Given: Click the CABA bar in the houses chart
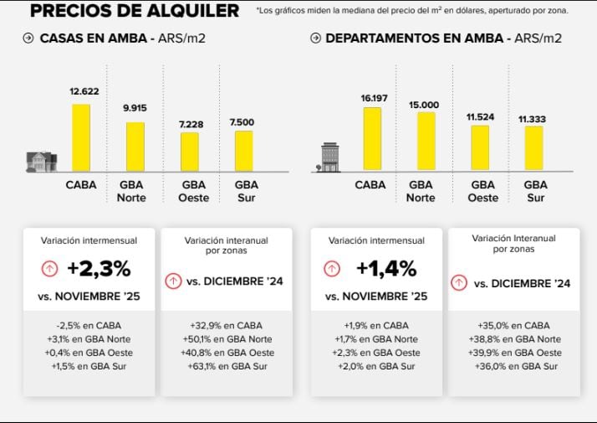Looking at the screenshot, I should pyautogui.click(x=81, y=138).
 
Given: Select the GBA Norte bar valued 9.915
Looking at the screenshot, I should pyautogui.click(x=135, y=147).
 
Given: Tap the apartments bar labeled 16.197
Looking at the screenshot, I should pyautogui.click(x=373, y=139).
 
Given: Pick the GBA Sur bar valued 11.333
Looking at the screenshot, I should pyautogui.click(x=533, y=148).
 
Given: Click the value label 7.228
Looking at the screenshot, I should pyautogui.click(x=190, y=124).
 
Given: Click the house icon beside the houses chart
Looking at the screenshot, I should pyautogui.click(x=42, y=161).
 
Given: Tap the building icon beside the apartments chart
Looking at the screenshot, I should pyautogui.click(x=331, y=157).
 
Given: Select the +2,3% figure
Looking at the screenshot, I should pyautogui.click(x=99, y=269).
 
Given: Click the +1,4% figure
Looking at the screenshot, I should pyautogui.click(x=385, y=269).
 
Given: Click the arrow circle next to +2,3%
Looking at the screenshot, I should pyautogui.click(x=49, y=269).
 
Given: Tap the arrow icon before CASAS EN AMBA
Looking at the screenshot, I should pyautogui.click(x=28, y=39).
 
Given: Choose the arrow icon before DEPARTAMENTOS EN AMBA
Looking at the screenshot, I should pyautogui.click(x=315, y=39).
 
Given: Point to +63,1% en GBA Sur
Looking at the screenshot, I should pyautogui.click(x=227, y=366).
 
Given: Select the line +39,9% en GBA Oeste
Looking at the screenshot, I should pyautogui.click(x=514, y=353).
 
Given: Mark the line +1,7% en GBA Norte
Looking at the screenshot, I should pyautogui.click(x=380, y=339).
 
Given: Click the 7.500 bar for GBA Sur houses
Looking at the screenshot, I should pyautogui.click(x=243, y=151).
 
